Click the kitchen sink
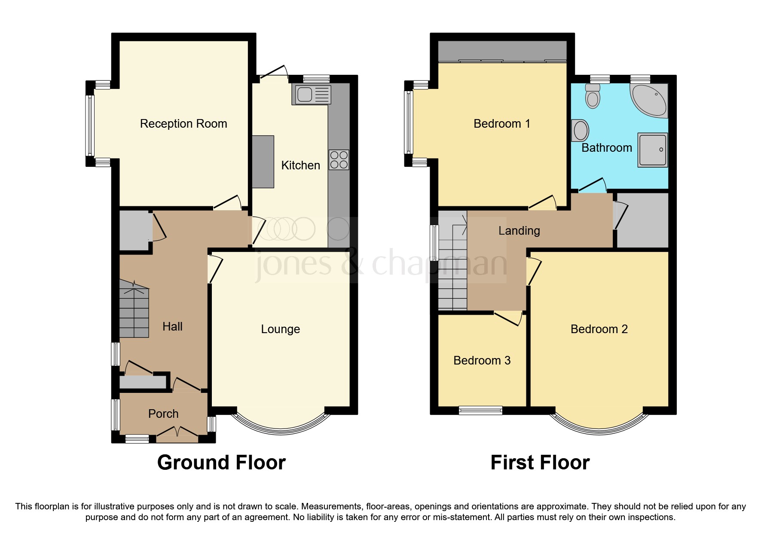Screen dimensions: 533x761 tap(312, 95)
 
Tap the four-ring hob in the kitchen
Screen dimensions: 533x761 tap(339, 160)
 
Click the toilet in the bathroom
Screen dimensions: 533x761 tap(593, 96)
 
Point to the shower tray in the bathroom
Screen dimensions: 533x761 tap(652, 150)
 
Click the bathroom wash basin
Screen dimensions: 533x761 tap(580, 130)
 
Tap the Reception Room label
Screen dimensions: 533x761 tap(183, 124)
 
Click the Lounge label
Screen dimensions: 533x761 tap(280, 329)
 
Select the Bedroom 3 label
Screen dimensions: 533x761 tap(482, 361)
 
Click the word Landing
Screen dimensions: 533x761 tap(519, 231)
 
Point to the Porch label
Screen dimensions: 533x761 tap(163, 414)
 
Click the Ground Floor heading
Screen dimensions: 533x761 tap(221, 463)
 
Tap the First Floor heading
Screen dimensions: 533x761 tap(540, 463)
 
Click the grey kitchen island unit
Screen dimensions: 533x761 tap(263, 162)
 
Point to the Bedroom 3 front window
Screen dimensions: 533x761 tap(480, 410)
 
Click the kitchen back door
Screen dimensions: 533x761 tap(274, 73)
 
